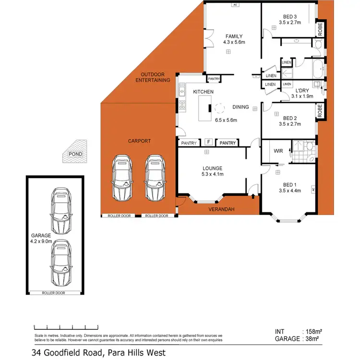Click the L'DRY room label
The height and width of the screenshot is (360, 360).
tap(302, 90)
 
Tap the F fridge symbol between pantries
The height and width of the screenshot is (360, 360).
tap(208, 142)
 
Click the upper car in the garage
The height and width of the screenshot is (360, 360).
tap(60, 210)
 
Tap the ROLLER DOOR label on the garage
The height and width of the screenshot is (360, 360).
tap(54, 292)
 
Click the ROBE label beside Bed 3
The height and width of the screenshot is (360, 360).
tap(320, 30)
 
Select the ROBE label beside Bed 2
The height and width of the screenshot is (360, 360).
tap(320, 112)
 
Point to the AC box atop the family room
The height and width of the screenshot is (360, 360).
tap(235, 5)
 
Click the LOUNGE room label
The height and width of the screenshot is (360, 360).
tap(212, 168)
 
